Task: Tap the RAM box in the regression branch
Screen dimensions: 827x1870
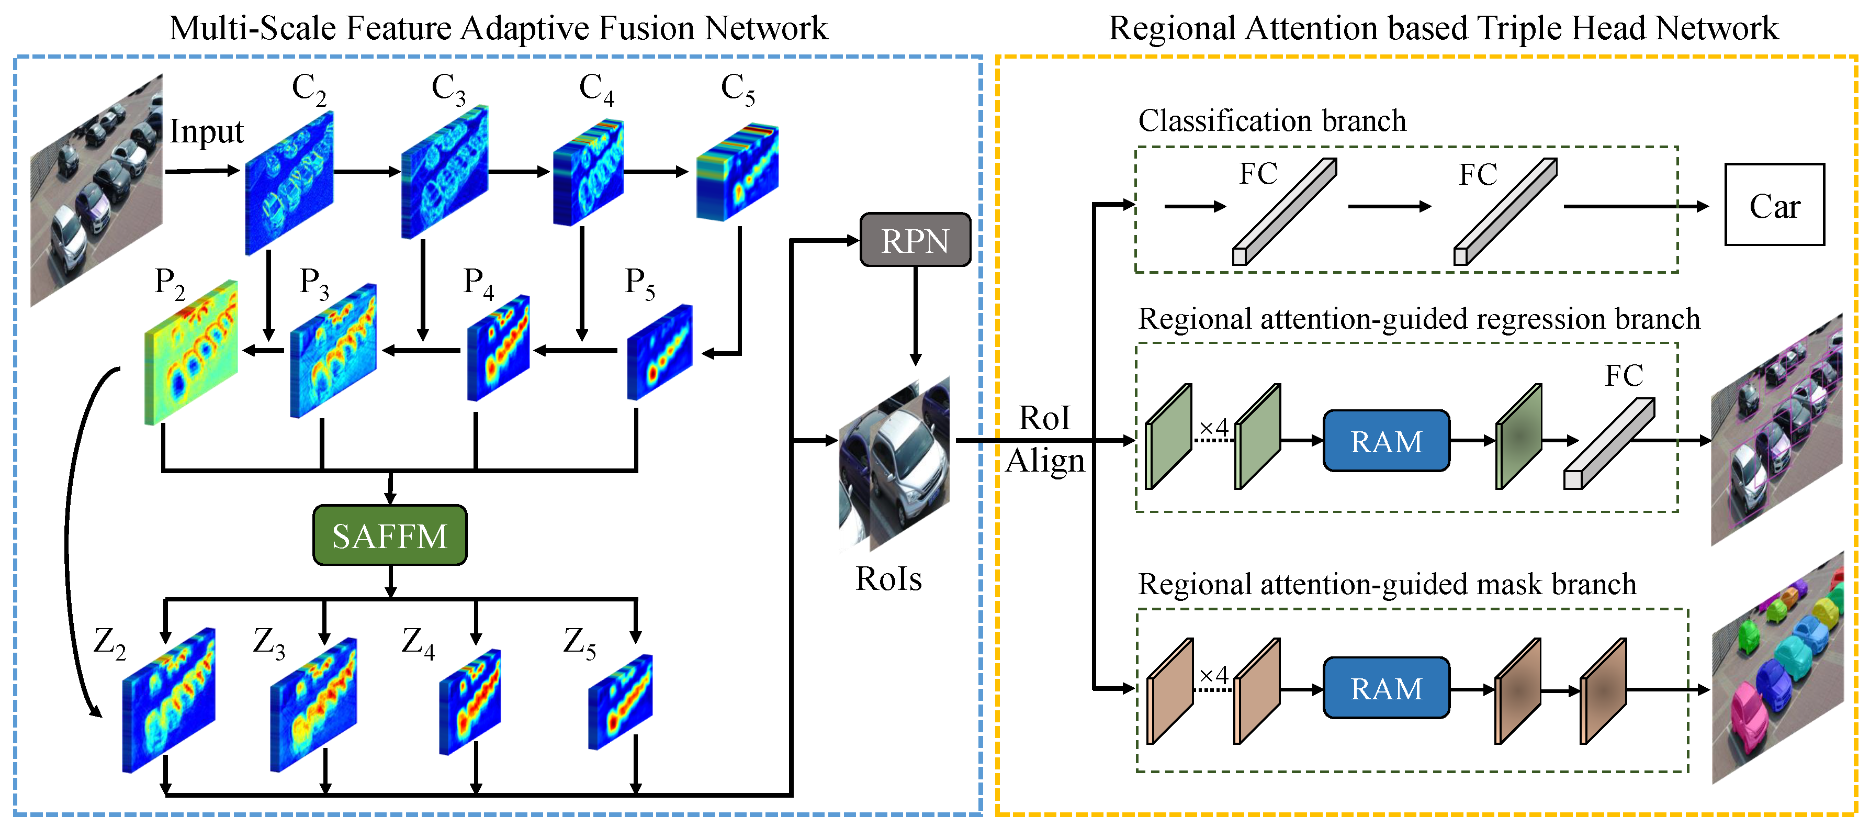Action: pyautogui.click(x=1386, y=441)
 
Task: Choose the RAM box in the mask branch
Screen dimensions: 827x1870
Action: pyautogui.click(x=1386, y=688)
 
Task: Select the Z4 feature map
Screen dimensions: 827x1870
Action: pyautogui.click(x=470, y=702)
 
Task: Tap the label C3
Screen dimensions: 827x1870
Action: pyautogui.click(x=448, y=88)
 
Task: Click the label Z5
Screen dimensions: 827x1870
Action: pyautogui.click(x=579, y=643)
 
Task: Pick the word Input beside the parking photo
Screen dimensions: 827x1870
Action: pyautogui.click(x=206, y=132)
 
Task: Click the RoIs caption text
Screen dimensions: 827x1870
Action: pyautogui.click(x=888, y=579)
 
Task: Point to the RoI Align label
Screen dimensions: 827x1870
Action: pyautogui.click(x=1045, y=439)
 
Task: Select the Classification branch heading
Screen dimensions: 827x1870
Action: pyautogui.click(x=1271, y=120)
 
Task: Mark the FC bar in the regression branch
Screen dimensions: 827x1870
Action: pyautogui.click(x=1609, y=444)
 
